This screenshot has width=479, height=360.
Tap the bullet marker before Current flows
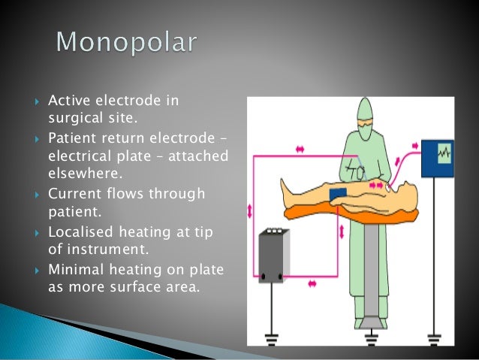(38, 195)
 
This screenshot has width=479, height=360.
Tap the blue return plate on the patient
(338, 193)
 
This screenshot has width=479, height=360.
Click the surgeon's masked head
(364, 113)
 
